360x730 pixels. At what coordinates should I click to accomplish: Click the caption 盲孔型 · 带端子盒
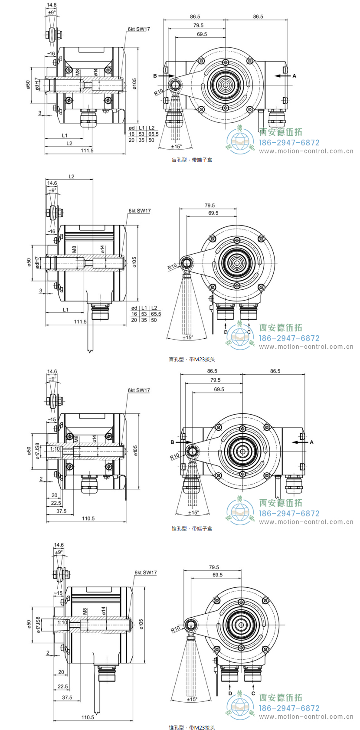(191, 160)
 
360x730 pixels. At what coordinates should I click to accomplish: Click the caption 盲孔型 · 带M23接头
(191, 359)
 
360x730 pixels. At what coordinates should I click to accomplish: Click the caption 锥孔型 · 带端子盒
(191, 528)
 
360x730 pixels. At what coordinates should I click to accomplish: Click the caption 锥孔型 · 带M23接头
(191, 727)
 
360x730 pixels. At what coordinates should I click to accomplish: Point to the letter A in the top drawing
(294, 76)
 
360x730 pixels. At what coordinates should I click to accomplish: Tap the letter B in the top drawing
(155, 76)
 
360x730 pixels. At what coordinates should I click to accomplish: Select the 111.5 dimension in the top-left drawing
(87, 151)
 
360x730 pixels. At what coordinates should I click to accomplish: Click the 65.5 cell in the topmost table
(153, 134)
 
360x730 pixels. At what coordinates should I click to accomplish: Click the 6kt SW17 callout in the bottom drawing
(145, 573)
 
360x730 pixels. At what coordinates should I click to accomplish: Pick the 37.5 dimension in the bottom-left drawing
(67, 697)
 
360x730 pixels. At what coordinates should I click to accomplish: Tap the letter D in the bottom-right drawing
(229, 693)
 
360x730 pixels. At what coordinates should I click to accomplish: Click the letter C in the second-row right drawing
(249, 332)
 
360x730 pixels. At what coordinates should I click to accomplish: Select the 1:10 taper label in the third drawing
(55, 449)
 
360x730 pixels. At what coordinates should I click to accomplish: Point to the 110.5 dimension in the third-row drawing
(88, 518)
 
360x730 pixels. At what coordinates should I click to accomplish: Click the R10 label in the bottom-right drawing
(175, 629)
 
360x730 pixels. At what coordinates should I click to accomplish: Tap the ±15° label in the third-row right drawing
(193, 513)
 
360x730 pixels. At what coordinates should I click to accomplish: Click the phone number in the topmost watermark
(289, 143)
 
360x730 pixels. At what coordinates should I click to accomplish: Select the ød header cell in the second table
(134, 308)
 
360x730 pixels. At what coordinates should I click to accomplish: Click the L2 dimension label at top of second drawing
(71, 177)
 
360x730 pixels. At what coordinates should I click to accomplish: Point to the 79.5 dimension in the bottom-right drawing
(214, 567)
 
